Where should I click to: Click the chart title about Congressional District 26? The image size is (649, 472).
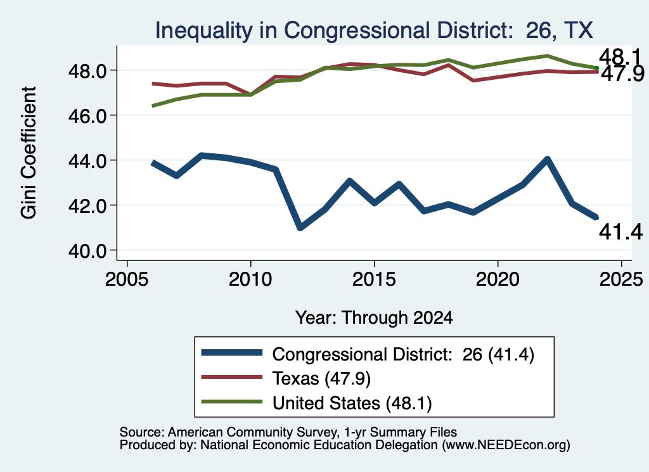click(374, 30)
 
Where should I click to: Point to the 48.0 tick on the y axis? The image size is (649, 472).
click(87, 71)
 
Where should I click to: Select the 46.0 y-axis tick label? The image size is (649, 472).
click(87, 116)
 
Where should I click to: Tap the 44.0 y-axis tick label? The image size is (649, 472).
click(87, 161)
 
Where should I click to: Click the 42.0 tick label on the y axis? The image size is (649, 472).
click(87, 206)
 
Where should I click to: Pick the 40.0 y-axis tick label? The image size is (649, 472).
click(87, 251)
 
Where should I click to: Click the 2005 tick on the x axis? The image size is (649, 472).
click(127, 279)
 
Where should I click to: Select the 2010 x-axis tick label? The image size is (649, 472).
click(250, 279)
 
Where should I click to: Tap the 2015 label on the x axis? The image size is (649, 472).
click(374, 279)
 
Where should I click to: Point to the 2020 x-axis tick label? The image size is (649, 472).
click(498, 279)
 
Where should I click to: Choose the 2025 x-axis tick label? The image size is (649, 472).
click(621, 279)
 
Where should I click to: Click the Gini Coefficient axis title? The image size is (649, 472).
click(29, 153)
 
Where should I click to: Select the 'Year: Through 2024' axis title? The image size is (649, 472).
click(374, 317)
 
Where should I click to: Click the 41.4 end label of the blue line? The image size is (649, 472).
click(621, 232)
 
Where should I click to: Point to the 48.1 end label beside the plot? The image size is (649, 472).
click(620, 56)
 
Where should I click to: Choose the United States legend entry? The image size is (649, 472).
click(317, 403)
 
